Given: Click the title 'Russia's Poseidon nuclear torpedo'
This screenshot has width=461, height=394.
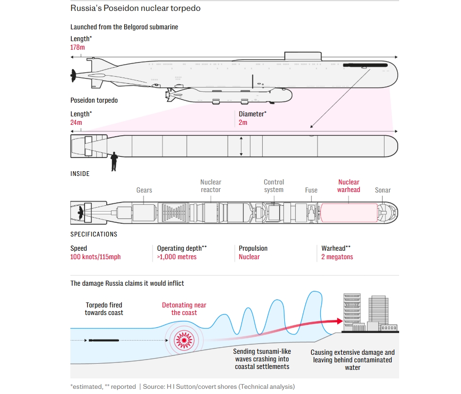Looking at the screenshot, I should [135, 9].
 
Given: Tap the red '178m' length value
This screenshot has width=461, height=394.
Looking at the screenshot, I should [78, 47].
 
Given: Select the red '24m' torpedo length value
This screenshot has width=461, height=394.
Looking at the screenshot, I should [76, 123].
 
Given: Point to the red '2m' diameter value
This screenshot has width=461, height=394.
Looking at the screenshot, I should [243, 123].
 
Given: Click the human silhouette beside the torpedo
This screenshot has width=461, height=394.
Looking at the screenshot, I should [114, 161].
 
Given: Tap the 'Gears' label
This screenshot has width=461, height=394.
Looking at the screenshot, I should [144, 190].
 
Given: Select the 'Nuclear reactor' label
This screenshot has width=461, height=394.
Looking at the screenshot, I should [211, 186].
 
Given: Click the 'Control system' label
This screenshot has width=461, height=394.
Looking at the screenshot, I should [274, 186].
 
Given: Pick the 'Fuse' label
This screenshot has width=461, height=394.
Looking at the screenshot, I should [311, 190].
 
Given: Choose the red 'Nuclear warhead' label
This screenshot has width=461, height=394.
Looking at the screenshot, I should [349, 186].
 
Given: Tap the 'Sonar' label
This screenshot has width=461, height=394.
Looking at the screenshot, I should [383, 190].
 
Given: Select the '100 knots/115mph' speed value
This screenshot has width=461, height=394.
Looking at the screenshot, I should [95, 257].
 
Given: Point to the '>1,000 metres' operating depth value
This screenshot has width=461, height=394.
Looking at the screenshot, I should [177, 257].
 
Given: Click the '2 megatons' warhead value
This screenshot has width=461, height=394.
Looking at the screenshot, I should [337, 257].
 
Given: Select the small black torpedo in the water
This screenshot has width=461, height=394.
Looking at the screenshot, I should [103, 340].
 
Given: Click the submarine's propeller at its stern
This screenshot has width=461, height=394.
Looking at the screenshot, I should [73, 74].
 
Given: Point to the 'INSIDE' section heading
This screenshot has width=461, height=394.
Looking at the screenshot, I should [80, 174].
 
